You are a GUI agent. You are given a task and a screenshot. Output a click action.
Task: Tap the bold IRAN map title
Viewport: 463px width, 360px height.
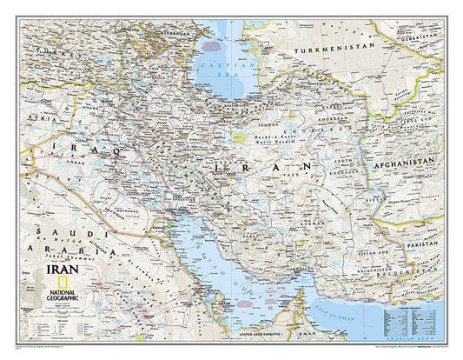pos(50,270)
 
